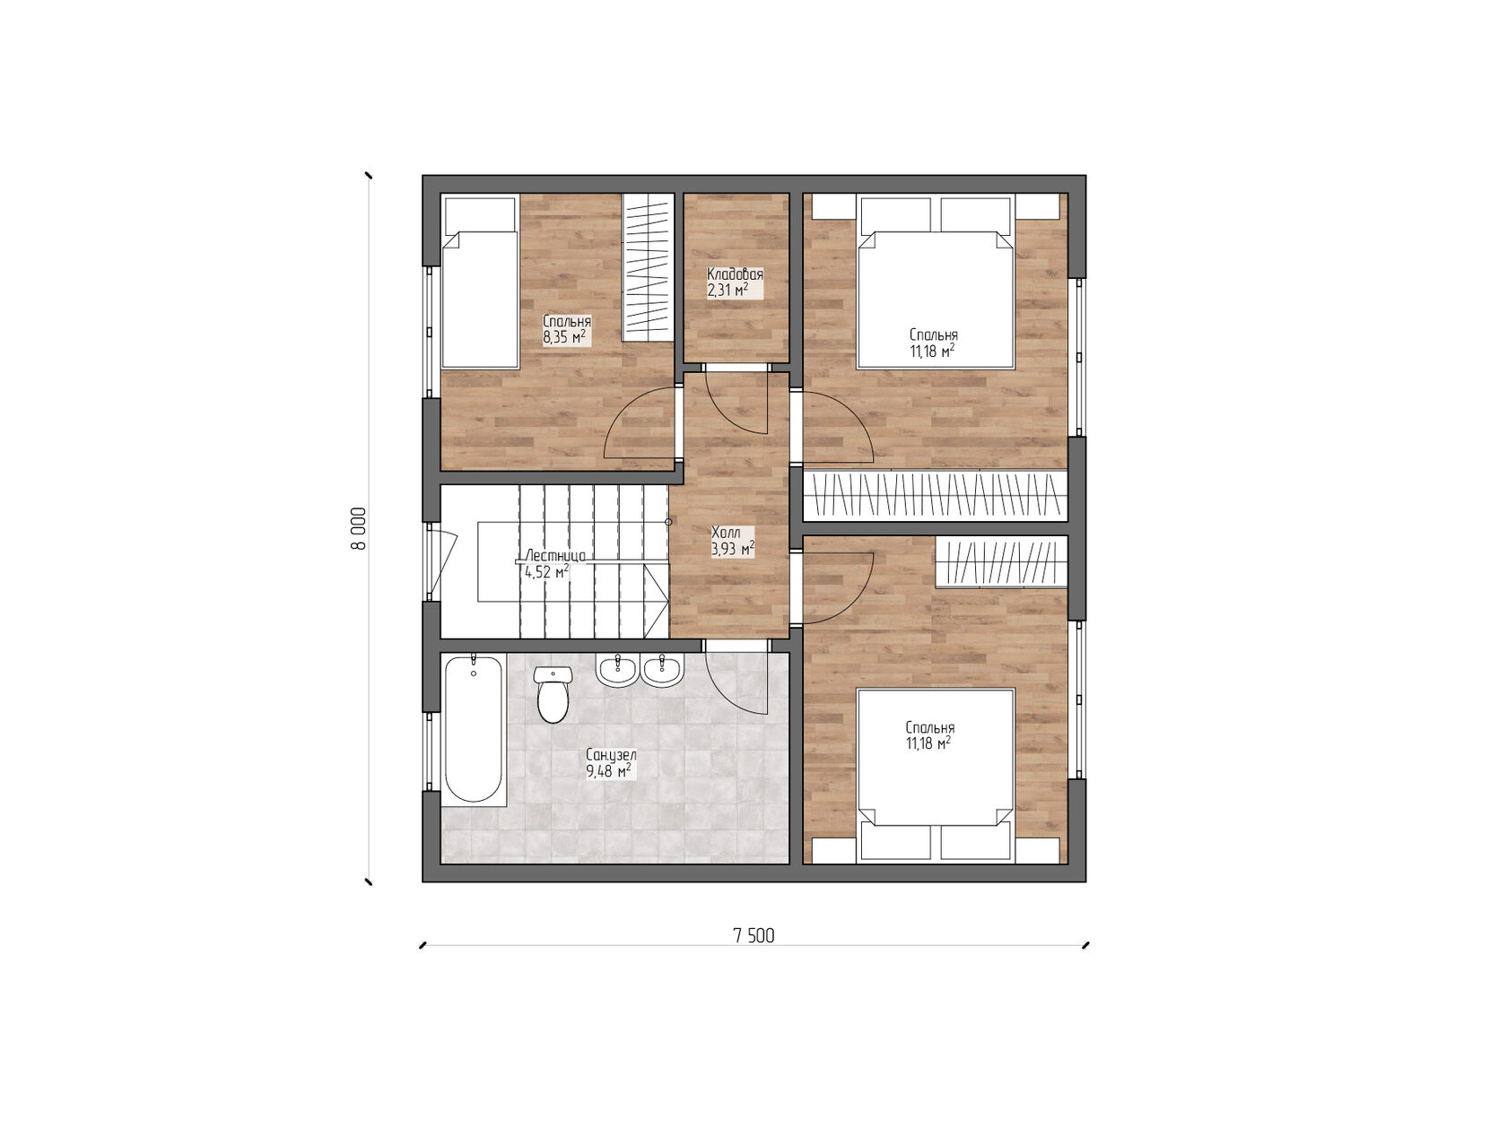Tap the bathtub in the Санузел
click(x=474, y=728)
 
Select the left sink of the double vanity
click(x=616, y=670)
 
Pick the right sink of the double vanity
click(x=663, y=670)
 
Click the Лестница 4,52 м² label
click(x=552, y=563)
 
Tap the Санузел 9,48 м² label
click(x=610, y=763)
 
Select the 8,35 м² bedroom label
click(x=565, y=329)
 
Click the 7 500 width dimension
click(x=753, y=936)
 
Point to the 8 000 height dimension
click(x=358, y=528)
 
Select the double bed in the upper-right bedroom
click(x=936, y=296)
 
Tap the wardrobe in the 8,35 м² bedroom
click(x=649, y=267)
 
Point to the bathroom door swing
click(x=737, y=682)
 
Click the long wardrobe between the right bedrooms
click(x=935, y=496)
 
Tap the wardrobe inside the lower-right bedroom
click(x=1001, y=562)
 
